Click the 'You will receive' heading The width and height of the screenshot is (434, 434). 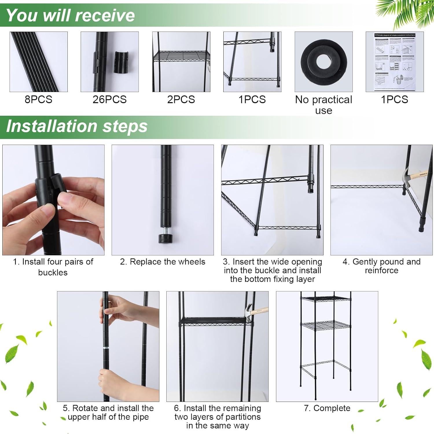coord(70,15)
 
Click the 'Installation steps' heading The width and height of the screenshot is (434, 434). coord(77,126)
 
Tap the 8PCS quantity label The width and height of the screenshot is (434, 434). coord(38,99)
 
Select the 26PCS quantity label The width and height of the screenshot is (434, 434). coord(109,99)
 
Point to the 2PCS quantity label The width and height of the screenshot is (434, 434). coord(181,99)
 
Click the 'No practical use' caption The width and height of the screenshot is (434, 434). coord(323,105)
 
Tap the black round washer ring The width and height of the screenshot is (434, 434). coord(323,62)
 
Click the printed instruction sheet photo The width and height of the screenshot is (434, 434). coord(395,62)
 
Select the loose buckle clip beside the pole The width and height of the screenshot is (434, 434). coord(122,62)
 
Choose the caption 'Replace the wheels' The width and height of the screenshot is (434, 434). coord(163,262)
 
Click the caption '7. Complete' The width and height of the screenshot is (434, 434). coord(327,408)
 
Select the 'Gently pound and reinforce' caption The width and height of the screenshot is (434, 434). coord(381,266)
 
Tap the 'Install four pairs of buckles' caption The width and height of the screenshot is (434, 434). coord(53,267)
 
